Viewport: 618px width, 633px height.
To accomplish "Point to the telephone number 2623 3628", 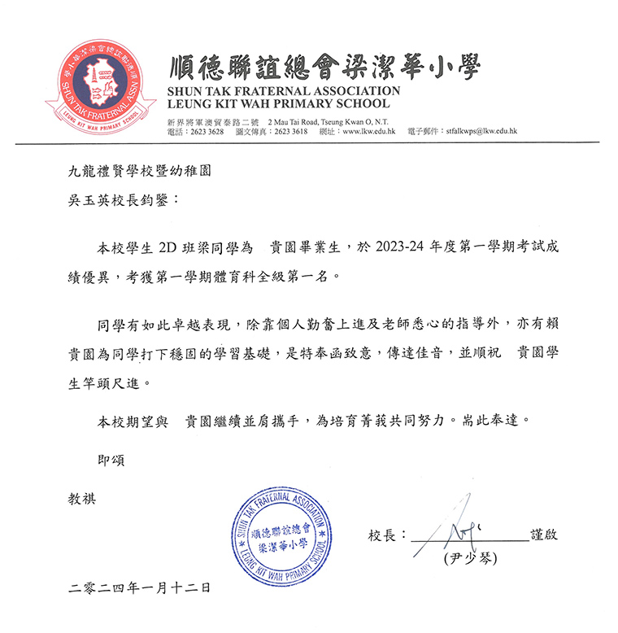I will [x=205, y=131].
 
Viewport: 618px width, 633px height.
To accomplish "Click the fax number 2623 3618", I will [x=290, y=131].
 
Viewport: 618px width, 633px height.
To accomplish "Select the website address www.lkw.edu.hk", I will [x=368, y=131].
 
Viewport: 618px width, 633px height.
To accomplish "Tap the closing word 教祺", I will [x=82, y=498].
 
